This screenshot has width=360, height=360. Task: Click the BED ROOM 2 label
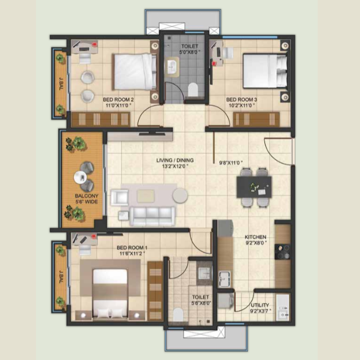[x=118, y=100]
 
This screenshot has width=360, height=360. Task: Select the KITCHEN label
[x=256, y=237]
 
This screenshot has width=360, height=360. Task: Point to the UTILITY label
[x=260, y=305]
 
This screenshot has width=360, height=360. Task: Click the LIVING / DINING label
[x=175, y=160]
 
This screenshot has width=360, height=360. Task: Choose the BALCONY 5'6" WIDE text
[x=87, y=199]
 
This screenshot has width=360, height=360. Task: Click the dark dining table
[x=254, y=187]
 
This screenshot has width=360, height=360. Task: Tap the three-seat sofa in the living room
[x=152, y=216]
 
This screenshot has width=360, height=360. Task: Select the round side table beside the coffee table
[x=180, y=195]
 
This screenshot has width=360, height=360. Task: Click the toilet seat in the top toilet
[x=193, y=90]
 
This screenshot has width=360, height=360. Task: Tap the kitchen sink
[x=225, y=279]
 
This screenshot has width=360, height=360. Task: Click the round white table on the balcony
[x=80, y=177]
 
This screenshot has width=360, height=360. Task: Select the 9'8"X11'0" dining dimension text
[x=231, y=163]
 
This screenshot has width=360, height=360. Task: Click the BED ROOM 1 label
[x=132, y=248]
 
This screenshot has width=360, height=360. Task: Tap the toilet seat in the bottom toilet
[x=178, y=315]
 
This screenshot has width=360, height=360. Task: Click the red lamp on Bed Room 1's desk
[x=94, y=236]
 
